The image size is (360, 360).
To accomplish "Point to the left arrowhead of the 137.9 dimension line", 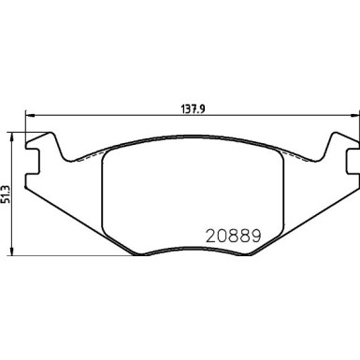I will pos(25,115).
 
